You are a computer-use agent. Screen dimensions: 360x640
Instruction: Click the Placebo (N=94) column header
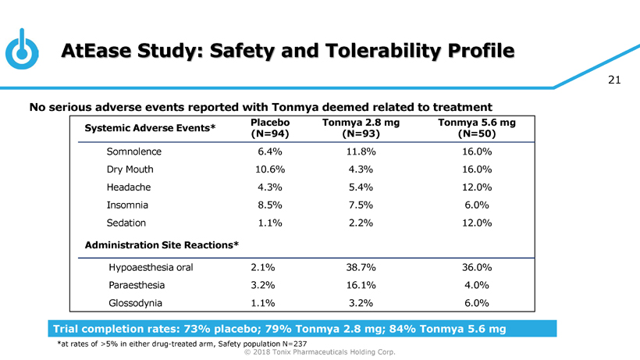[x=270, y=129]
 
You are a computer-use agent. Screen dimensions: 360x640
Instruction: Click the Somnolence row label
[x=134, y=151]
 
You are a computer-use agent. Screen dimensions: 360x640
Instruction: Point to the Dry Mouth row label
[x=130, y=169]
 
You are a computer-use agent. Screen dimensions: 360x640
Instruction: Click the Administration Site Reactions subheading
[x=161, y=245]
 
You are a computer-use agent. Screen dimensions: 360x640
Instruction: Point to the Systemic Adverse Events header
[x=150, y=129]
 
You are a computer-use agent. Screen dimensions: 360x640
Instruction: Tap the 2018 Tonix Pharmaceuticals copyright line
[x=320, y=352]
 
